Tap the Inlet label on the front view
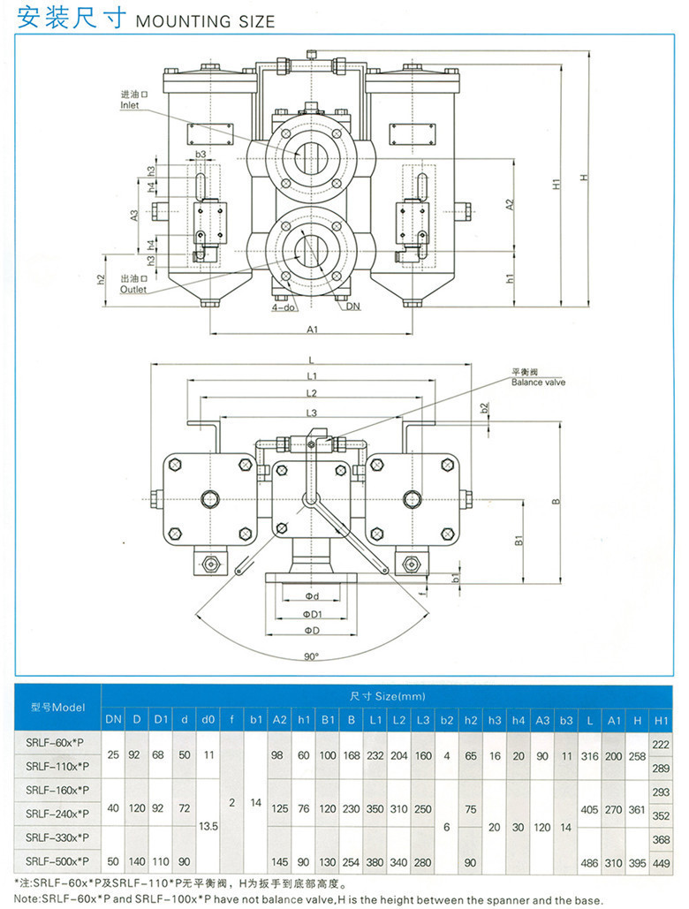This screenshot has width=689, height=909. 131,105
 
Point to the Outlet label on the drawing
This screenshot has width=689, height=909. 133,289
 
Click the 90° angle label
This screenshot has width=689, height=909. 311,656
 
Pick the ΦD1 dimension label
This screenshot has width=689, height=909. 311,614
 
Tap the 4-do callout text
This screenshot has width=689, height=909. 283,307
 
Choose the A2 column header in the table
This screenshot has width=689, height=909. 280,719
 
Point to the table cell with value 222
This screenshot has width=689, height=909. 660,745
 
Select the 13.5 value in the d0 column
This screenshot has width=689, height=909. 208,824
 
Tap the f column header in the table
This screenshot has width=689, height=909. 232,719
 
